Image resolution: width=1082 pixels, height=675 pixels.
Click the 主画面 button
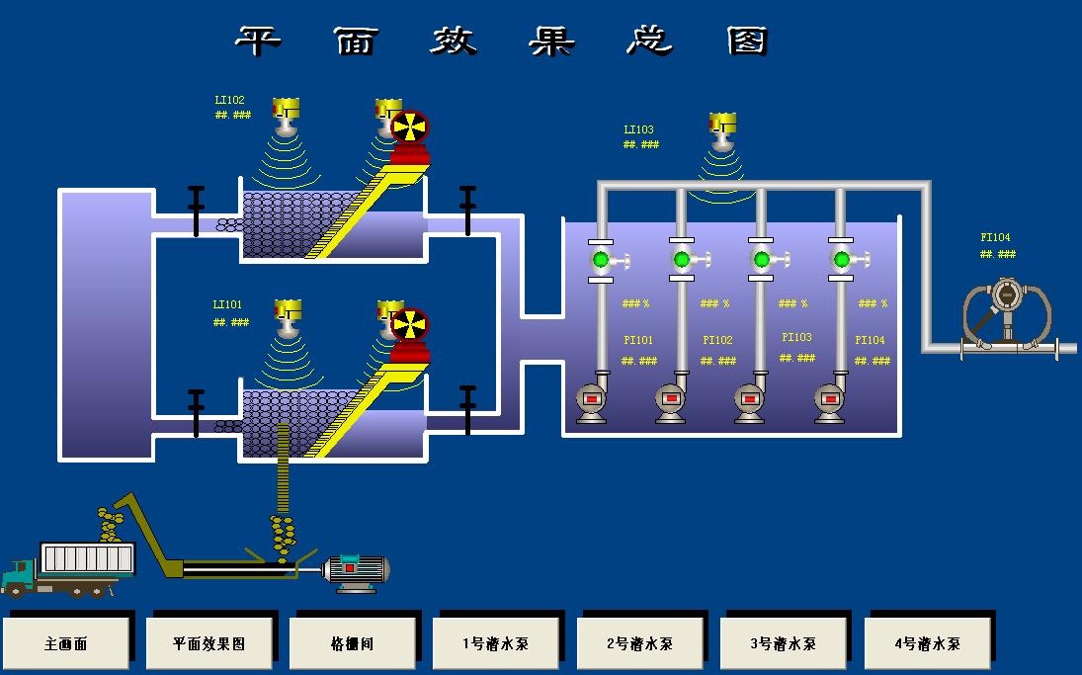(66, 643)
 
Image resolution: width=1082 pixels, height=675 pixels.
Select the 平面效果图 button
(209, 643)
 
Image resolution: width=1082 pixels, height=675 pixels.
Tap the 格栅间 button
(353, 643)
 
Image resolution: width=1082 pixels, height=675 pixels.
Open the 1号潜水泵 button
(496, 643)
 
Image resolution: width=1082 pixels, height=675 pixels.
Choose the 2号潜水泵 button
(639, 643)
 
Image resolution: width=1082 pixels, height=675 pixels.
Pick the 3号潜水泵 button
(783, 643)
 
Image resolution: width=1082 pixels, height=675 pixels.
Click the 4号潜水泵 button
(927, 643)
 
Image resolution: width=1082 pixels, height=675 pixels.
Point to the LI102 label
(229, 100)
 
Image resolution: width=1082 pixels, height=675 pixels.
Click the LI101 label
(227, 304)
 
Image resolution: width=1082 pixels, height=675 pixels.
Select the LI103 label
(638, 129)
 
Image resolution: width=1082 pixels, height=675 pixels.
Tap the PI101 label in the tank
(638, 340)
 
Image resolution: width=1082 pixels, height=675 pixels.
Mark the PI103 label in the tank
(796, 337)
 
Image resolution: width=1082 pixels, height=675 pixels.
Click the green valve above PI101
(600, 260)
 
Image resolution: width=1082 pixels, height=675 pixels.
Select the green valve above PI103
(761, 260)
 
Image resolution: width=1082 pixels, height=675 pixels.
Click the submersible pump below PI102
(671, 400)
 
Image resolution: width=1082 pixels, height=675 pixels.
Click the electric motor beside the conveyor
(358, 569)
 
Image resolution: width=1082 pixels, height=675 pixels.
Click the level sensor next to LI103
(723, 129)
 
